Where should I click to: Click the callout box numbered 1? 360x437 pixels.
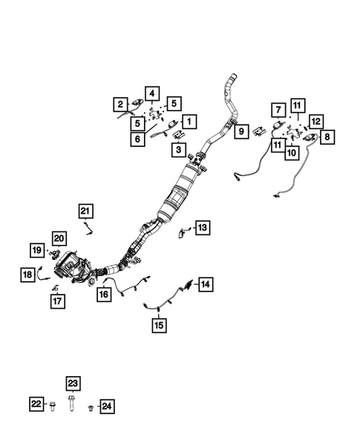point(189,122)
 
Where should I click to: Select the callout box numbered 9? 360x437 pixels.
point(241,131)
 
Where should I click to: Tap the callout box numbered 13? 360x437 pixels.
point(203,228)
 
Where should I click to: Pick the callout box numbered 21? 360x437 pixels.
point(85,211)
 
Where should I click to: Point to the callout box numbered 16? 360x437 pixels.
point(104,294)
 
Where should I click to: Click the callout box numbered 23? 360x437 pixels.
point(73,384)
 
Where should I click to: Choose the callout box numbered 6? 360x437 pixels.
point(137,139)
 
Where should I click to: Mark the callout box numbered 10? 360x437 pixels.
point(292,153)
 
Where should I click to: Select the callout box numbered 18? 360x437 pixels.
point(27,275)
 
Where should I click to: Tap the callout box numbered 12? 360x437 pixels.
point(316,121)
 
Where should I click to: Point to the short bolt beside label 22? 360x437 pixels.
point(52,406)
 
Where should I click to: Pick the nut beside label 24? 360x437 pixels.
point(91,408)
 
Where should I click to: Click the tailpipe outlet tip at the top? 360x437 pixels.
point(234,76)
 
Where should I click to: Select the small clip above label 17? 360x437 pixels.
point(55,288)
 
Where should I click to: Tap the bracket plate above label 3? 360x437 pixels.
point(179,134)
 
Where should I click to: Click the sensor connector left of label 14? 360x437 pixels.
point(189,284)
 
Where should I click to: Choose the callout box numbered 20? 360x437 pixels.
point(59,239)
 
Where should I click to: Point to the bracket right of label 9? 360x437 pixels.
point(260,131)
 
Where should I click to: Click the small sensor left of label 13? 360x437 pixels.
point(183,233)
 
